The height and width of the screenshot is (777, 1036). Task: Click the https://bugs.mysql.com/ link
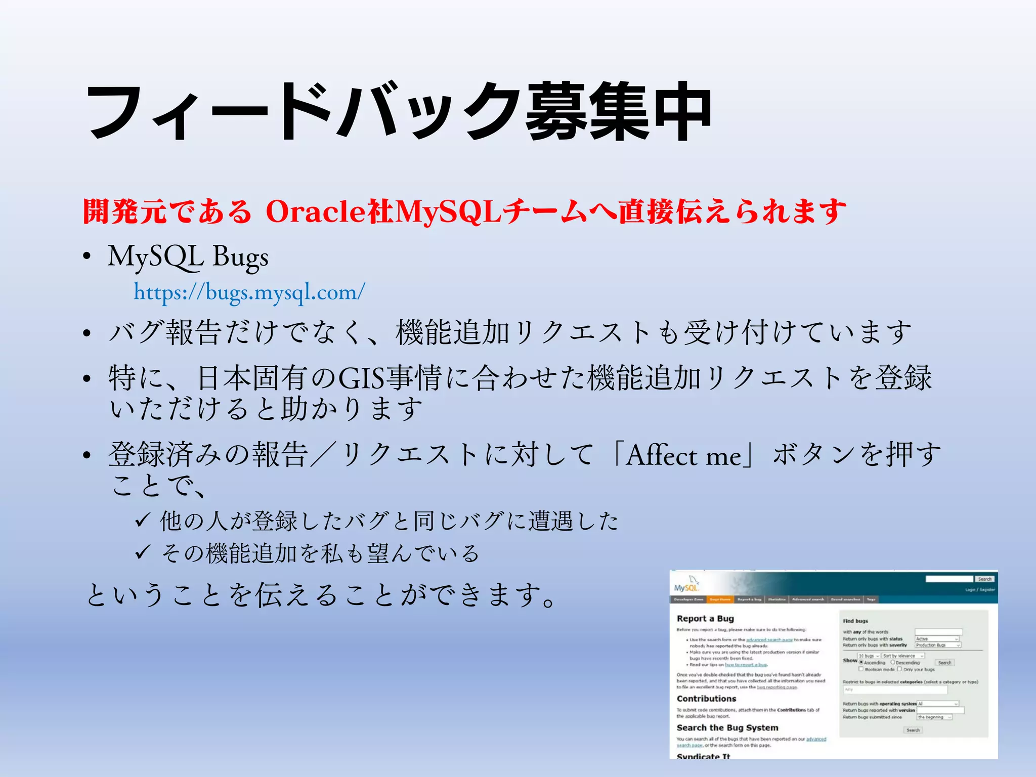click(249, 292)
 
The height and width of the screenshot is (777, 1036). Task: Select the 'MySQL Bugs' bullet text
click(188, 256)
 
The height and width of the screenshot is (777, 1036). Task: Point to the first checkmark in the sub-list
click(142, 521)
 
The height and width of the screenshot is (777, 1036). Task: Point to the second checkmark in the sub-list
click(142, 552)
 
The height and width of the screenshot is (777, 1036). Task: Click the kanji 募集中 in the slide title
click(619, 112)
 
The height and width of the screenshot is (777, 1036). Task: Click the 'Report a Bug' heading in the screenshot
click(705, 619)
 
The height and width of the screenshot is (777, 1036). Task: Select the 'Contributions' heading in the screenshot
click(706, 699)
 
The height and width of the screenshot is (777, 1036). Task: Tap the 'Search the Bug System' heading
click(727, 728)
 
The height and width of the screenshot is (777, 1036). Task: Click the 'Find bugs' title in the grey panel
click(855, 621)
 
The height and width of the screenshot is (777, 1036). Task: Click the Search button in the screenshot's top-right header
click(984, 579)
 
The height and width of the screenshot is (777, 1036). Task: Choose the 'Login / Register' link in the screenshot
click(980, 590)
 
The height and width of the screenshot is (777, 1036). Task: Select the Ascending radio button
click(861, 663)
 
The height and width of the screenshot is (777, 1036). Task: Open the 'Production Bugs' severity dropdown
click(937, 645)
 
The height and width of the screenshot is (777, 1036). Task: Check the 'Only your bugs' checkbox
click(899, 669)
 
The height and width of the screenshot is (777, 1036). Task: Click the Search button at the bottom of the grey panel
click(913, 730)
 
